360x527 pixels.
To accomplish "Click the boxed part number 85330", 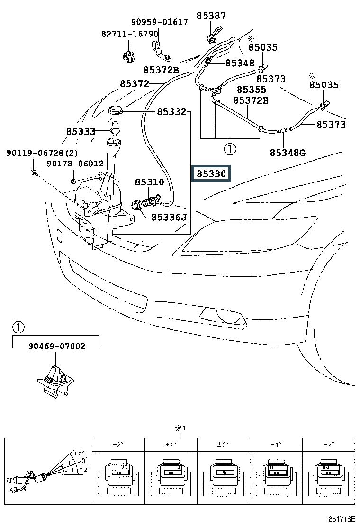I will (211, 174).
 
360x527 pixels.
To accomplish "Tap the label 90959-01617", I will (159, 22).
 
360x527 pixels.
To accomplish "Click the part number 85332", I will (171, 112).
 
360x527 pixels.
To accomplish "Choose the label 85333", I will (81, 131).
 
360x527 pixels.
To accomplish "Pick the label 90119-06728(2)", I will (42, 153).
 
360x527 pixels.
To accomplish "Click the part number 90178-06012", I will (75, 164).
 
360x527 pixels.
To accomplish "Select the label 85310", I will (149, 182).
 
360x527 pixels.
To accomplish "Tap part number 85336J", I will (170, 218).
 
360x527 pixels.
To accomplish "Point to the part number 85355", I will (252, 89).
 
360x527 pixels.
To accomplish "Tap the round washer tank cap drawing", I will (117, 111).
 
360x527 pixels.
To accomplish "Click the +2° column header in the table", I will (118, 445).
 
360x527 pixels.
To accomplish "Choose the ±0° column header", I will (224, 445).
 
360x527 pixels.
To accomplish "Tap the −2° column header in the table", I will (328, 445).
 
